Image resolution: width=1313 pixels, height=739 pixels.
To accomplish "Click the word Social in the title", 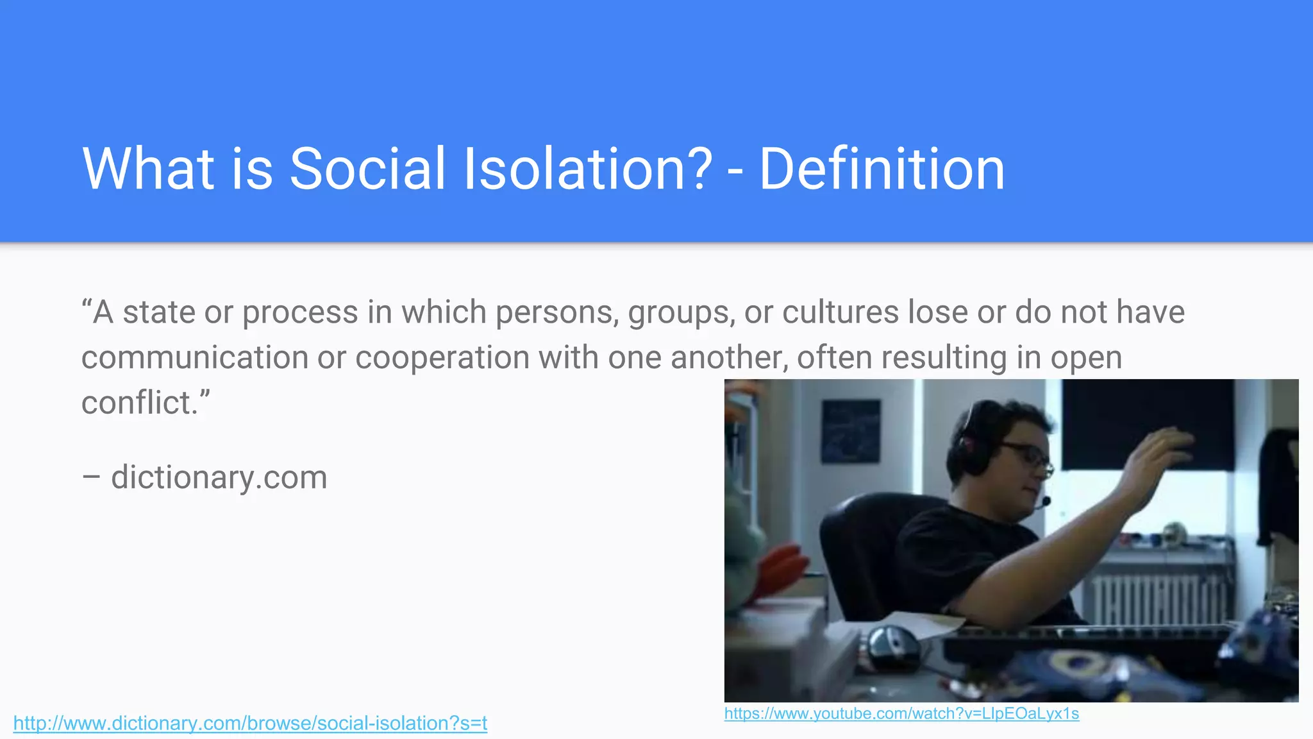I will [367, 169].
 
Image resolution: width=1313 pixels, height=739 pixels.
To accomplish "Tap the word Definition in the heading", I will [882, 169].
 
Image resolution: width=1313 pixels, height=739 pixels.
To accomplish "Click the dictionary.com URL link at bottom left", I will [250, 723].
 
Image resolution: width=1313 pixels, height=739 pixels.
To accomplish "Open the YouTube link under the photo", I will [901, 713].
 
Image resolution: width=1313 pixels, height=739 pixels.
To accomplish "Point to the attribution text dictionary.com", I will [219, 477].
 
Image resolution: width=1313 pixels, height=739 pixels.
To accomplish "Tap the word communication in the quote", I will [194, 357].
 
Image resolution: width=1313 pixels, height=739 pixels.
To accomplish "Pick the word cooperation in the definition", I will [442, 357].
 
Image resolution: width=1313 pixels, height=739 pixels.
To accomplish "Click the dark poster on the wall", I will [851, 430].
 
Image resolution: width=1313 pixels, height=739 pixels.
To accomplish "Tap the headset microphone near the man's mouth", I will [1045, 501].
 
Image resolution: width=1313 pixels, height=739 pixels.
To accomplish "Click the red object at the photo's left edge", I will [779, 568].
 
